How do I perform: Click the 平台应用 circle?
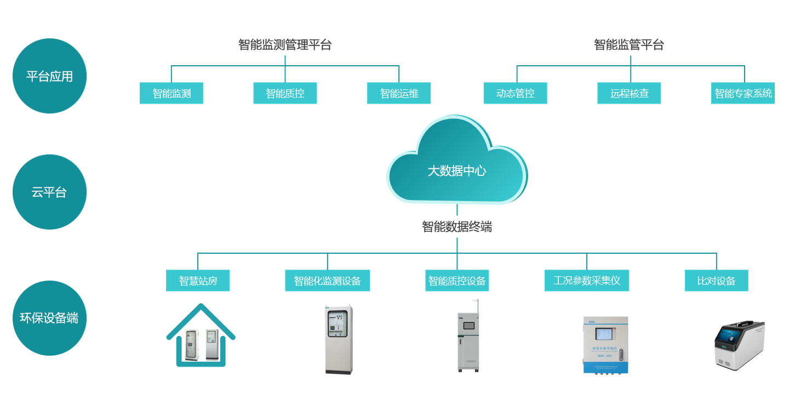pyautogui.click(x=49, y=76)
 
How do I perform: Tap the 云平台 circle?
pyautogui.click(x=49, y=192)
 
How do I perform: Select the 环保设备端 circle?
pyautogui.click(x=49, y=318)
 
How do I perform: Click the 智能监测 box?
pyautogui.click(x=171, y=93)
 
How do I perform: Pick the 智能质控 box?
pyautogui.click(x=285, y=93)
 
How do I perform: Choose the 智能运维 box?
pyautogui.click(x=399, y=93)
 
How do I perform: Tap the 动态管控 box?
pyautogui.click(x=515, y=93)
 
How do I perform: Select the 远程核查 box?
pyautogui.click(x=629, y=93)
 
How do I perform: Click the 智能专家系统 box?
pyautogui.click(x=743, y=93)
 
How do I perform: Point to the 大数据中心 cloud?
pyautogui.click(x=456, y=164)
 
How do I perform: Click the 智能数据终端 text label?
pyautogui.click(x=456, y=227)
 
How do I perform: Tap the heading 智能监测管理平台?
pyautogui.click(x=285, y=45)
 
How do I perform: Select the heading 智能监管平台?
pyautogui.click(x=629, y=45)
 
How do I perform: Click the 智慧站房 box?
pyautogui.click(x=198, y=281)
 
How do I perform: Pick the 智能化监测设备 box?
pyautogui.click(x=327, y=281)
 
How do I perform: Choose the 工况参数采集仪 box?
pyautogui.click(x=587, y=281)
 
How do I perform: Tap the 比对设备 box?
pyautogui.click(x=716, y=281)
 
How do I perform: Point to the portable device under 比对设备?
pyautogui.click(x=739, y=345)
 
